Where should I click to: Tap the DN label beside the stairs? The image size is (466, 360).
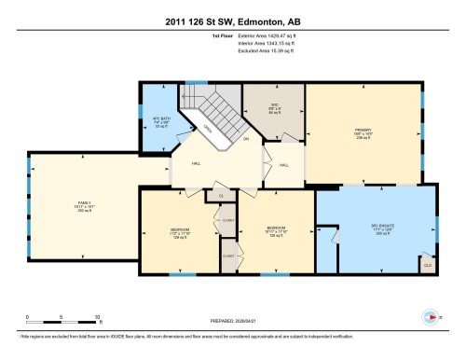pos(246,140)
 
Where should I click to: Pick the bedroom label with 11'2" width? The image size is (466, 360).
pos(180,231)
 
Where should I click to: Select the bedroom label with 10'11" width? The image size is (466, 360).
pos(277,231)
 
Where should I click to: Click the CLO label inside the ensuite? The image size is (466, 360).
pos(427,265)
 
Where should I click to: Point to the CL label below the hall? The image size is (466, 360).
pos(221,196)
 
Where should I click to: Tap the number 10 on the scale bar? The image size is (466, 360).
pos(98,317)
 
